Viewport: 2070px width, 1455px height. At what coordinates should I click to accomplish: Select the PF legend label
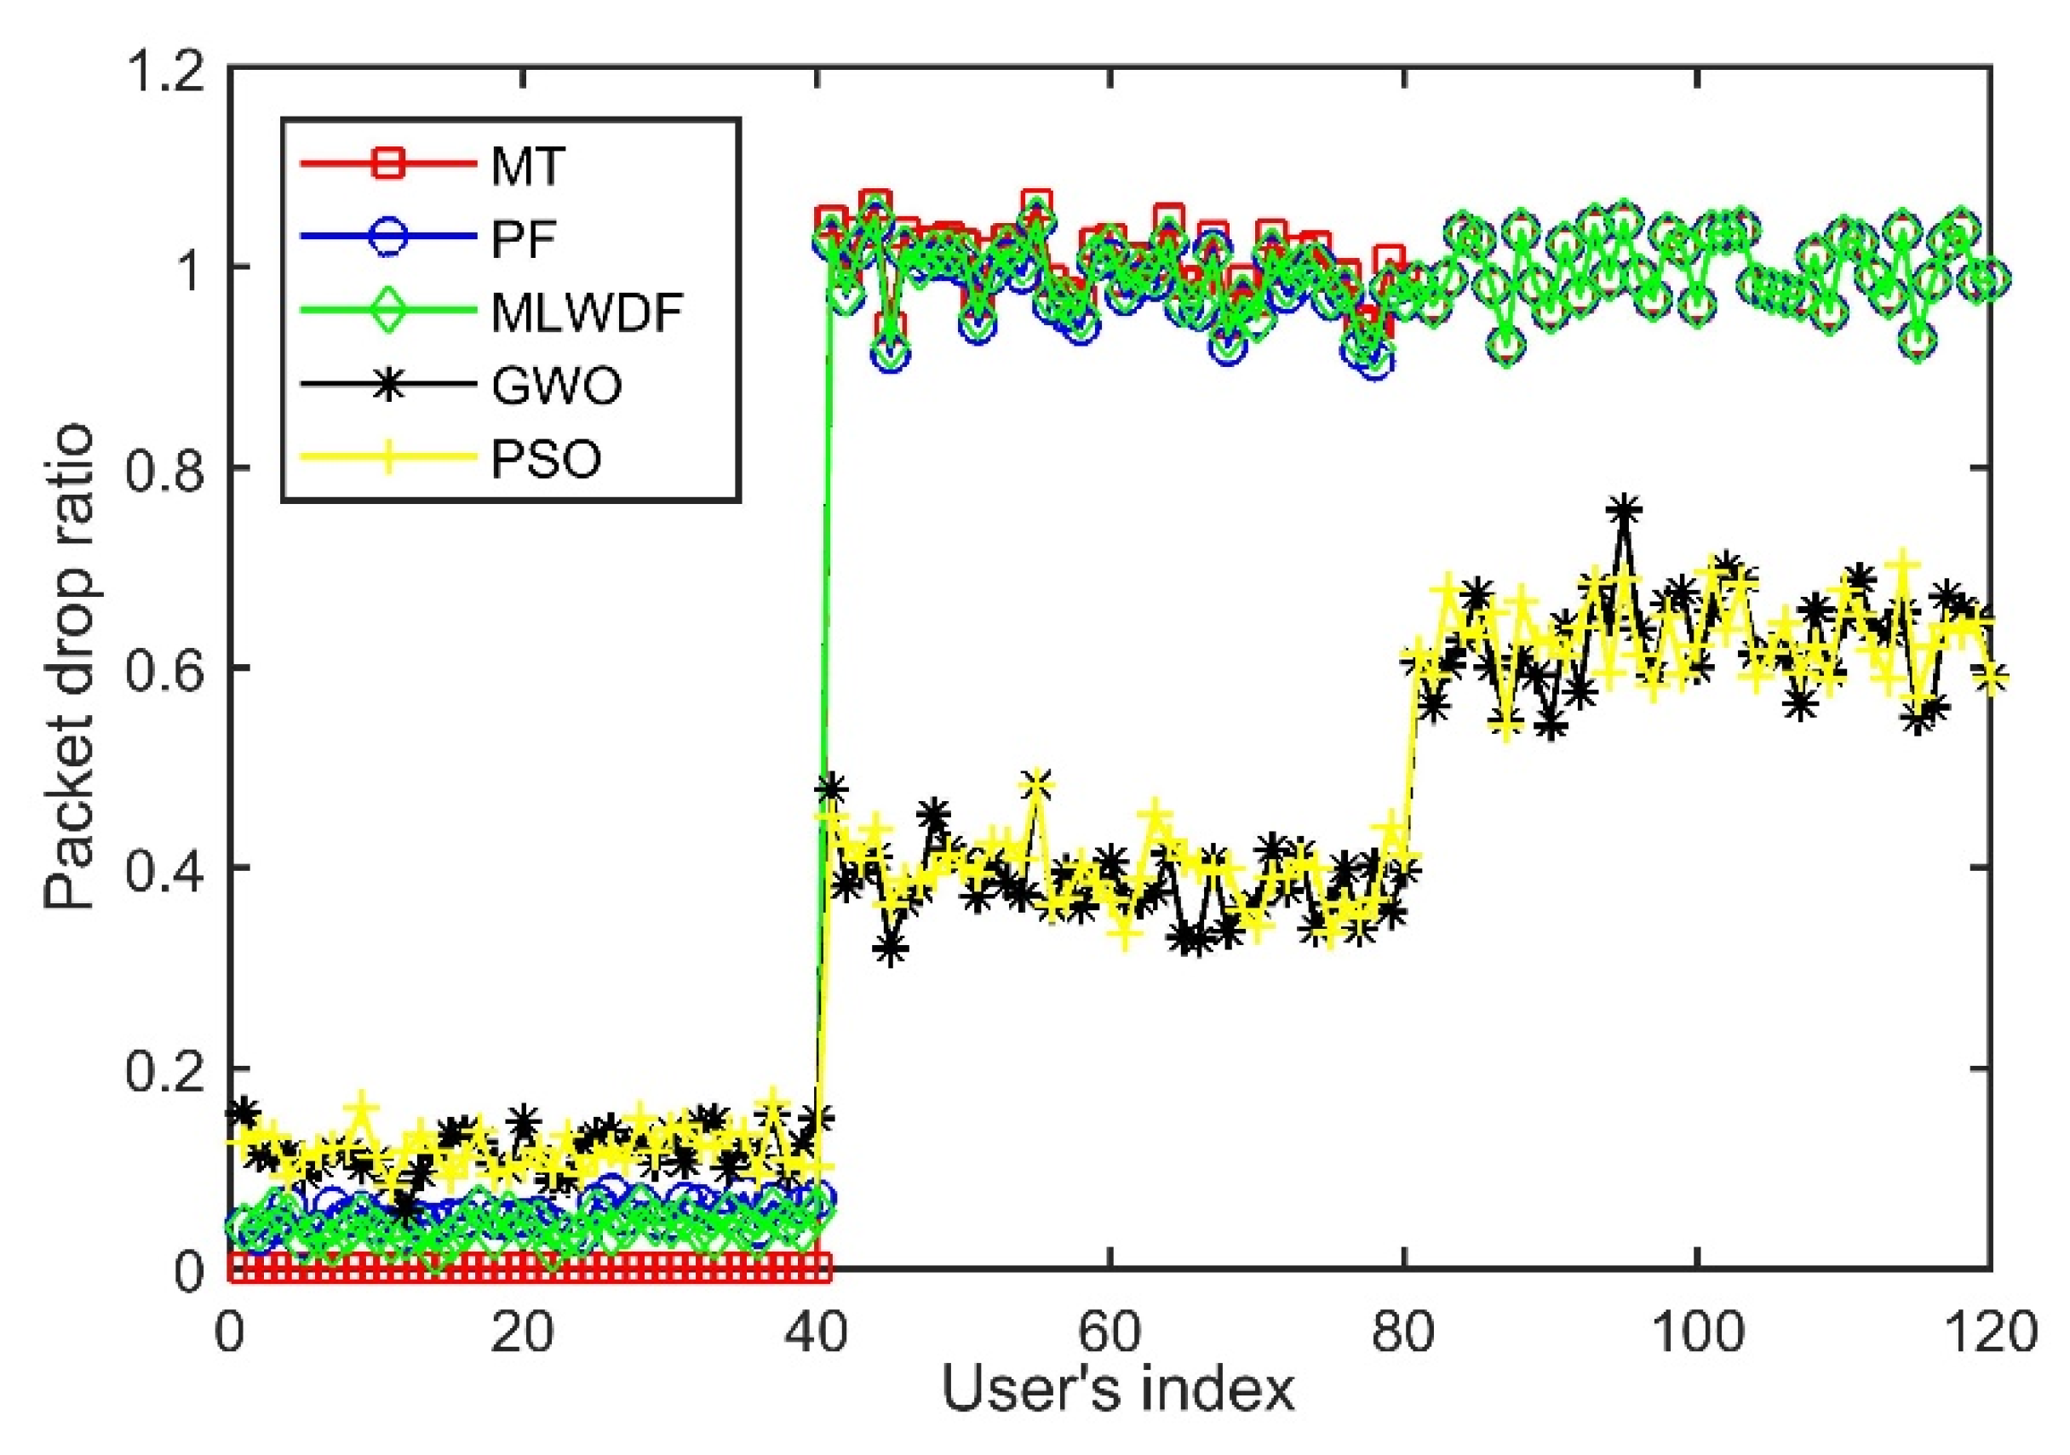point(523,240)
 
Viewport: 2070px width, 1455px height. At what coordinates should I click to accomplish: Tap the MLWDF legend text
point(587,312)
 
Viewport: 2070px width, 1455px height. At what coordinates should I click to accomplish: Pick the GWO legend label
point(556,387)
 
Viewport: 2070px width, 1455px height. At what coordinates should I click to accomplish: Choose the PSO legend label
point(546,460)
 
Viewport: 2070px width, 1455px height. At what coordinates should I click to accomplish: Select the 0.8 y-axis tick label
point(165,470)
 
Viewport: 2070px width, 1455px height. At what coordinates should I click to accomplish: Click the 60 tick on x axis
point(1110,1332)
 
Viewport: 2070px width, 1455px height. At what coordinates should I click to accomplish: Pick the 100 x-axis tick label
point(1698,1332)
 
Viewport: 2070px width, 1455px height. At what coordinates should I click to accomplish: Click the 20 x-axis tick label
point(523,1332)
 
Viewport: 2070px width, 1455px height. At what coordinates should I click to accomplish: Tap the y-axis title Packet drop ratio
point(71,667)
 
